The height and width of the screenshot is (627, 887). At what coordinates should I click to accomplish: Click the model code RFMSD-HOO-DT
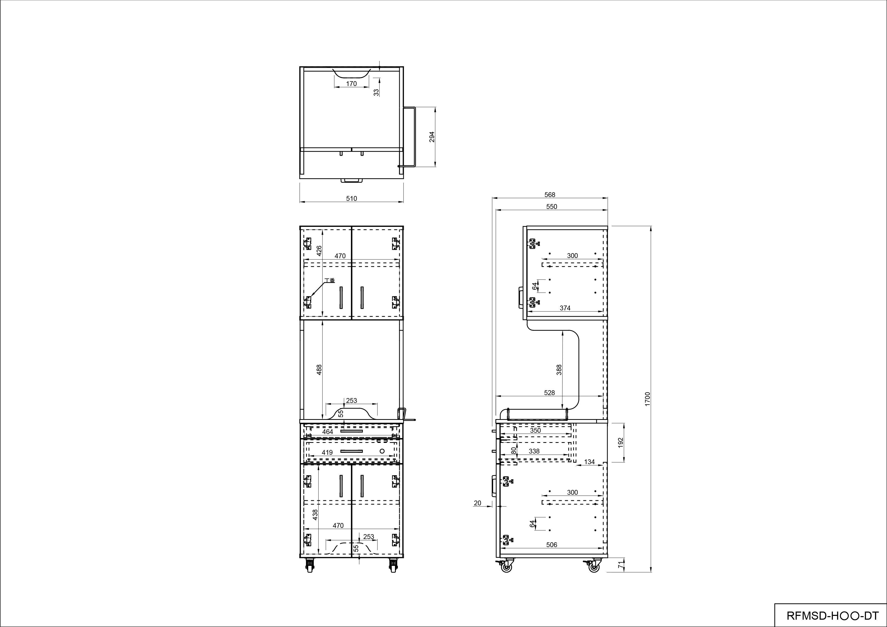pos(829,615)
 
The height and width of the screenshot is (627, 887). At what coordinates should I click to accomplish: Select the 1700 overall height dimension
pos(648,398)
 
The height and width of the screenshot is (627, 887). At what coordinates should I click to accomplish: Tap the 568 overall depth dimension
pos(549,195)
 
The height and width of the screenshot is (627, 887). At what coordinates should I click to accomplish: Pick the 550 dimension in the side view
pos(552,207)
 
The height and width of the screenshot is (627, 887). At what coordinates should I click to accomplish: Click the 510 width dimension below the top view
pos(351,199)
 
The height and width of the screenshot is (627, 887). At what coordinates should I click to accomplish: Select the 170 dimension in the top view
pos(351,83)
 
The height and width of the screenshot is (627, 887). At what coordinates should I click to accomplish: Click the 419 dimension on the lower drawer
pos(327,452)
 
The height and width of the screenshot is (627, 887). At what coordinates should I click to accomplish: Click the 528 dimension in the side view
pos(549,393)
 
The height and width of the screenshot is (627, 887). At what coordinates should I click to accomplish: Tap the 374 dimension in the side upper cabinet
pos(565,308)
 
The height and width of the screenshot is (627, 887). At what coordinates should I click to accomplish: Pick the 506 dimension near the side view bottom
pos(552,545)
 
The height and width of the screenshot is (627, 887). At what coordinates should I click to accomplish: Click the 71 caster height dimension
pos(621,565)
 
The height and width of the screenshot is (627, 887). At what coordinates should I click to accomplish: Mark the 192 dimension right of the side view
pos(621,442)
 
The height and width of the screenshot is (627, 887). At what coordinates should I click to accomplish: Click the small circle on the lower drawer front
pos(382,451)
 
